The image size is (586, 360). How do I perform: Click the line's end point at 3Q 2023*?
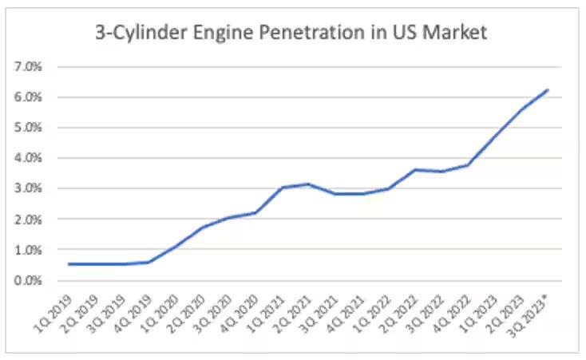pyautogui.click(x=548, y=89)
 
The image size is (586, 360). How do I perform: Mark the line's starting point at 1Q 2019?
pyautogui.click(x=69, y=264)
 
